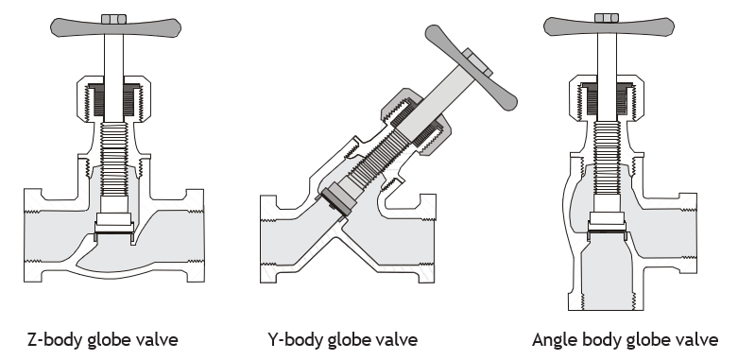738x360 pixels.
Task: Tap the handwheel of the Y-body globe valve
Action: (471, 68)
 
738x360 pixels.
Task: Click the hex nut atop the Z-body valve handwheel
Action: (114, 19)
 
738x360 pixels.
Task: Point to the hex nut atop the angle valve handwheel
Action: (607, 18)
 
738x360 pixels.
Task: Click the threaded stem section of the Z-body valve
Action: (114, 159)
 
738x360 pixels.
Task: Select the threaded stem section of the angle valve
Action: (608, 158)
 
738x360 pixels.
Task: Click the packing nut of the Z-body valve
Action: (114, 99)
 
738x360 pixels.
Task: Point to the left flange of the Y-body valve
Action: (267, 239)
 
